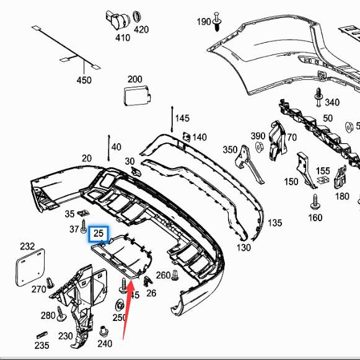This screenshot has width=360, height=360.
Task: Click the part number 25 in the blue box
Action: pos(99,234)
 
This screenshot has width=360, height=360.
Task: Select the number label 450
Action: pos(84,80)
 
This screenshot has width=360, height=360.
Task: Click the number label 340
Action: pos(332,102)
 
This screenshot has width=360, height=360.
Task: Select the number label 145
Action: pos(182,118)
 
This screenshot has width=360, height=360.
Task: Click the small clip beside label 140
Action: pos(185,137)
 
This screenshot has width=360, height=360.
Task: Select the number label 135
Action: pos(275,222)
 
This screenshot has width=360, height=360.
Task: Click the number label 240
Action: pos(105,344)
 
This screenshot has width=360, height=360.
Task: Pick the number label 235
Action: pos(42,345)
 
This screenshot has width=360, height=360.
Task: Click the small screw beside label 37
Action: pos(83,229)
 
